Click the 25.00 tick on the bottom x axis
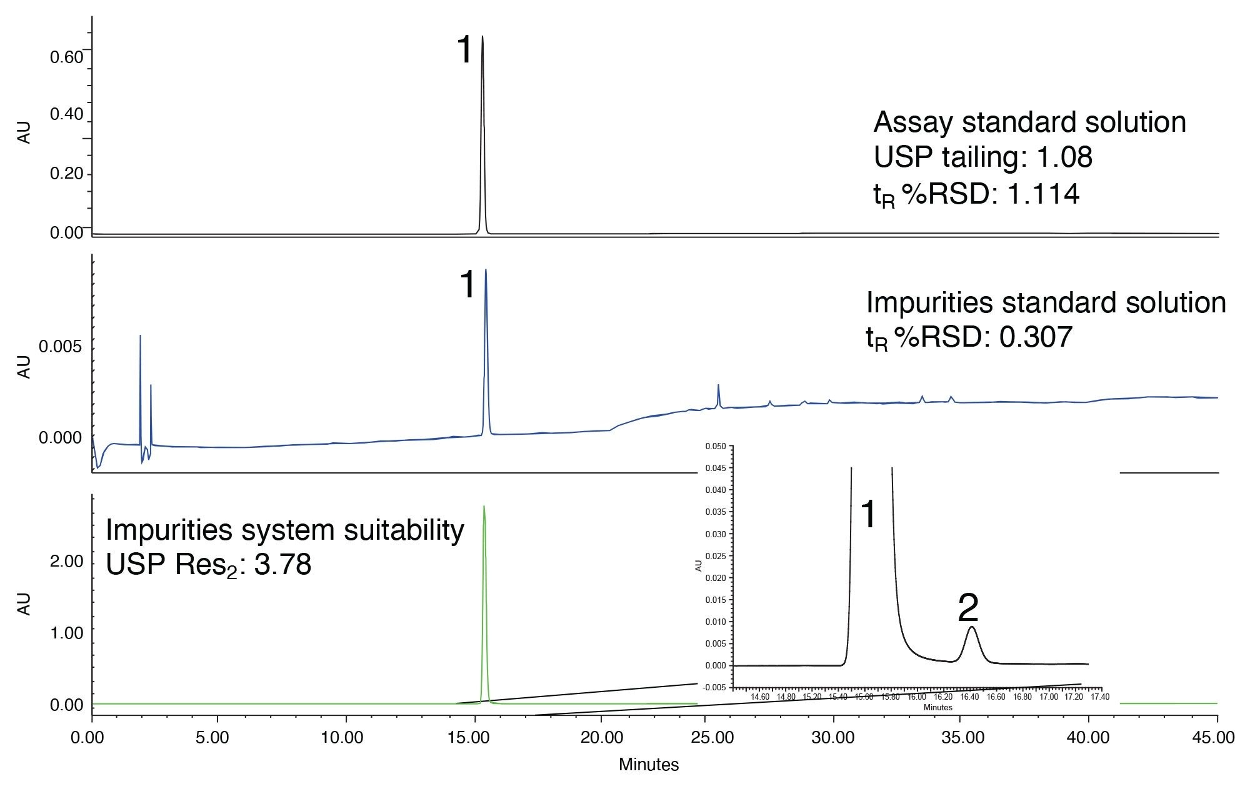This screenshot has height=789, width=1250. click(713, 737)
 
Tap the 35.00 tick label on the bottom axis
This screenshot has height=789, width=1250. click(963, 737)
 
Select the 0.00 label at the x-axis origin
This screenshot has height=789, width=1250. click(87, 737)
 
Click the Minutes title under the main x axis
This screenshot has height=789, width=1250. click(649, 765)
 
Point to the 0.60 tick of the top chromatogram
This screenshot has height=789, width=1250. click(67, 57)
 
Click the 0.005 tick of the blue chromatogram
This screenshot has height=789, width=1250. click(61, 347)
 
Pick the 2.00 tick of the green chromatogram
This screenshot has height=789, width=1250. click(67, 562)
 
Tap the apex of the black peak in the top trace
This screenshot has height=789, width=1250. click(482, 37)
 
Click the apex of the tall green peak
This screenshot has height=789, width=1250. click(484, 507)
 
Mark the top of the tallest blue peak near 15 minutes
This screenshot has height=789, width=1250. click(486, 270)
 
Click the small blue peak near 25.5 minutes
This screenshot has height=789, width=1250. click(719, 385)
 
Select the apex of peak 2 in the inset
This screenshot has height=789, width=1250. click(971, 627)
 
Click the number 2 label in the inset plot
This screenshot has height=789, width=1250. click(968, 607)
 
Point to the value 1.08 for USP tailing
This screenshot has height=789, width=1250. click(1064, 157)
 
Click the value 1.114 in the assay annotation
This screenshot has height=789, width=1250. click(1044, 194)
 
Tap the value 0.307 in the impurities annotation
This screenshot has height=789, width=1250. click(1036, 337)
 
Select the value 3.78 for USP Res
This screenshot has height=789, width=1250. click(282, 565)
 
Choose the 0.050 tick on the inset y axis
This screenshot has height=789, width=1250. click(716, 446)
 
